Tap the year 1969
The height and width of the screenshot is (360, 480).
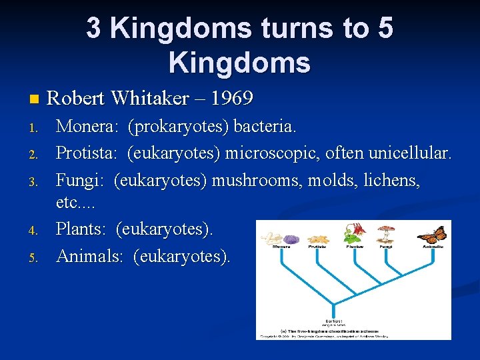231,99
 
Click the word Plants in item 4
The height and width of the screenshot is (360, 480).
81,229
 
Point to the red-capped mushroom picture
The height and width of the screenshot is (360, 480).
385,234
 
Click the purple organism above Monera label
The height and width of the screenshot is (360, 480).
292,238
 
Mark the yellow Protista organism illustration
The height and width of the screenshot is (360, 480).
317,237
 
